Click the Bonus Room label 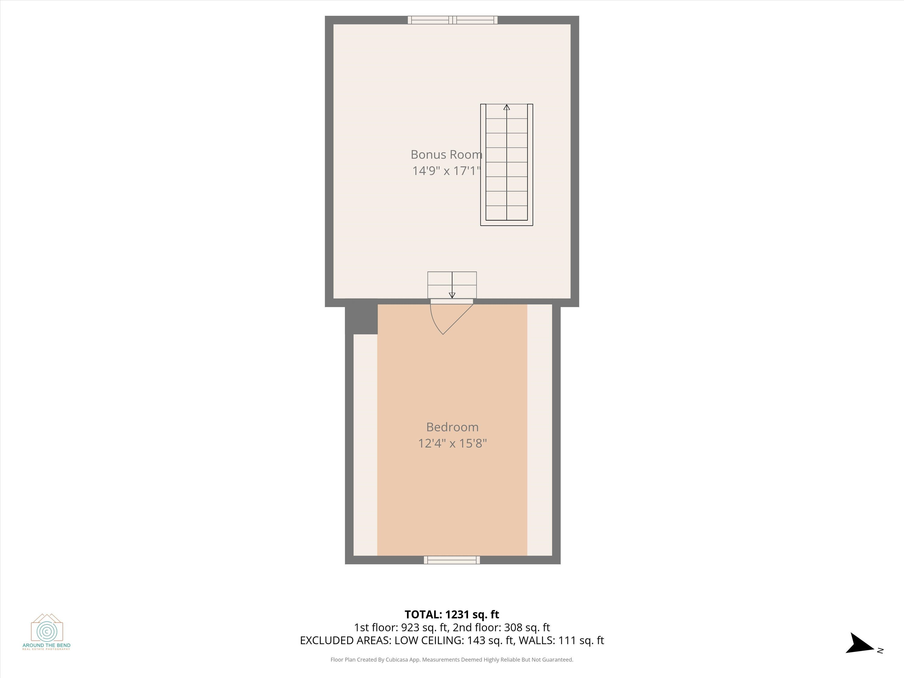(x=446, y=155)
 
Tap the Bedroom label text (x=452, y=427)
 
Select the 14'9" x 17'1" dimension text (x=446, y=171)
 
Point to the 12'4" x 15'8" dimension (x=452, y=444)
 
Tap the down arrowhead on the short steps (x=452, y=295)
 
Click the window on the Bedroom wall (x=452, y=560)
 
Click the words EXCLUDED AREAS (x=345, y=640)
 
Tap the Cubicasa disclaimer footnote (x=452, y=660)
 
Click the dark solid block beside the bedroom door (x=361, y=317)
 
